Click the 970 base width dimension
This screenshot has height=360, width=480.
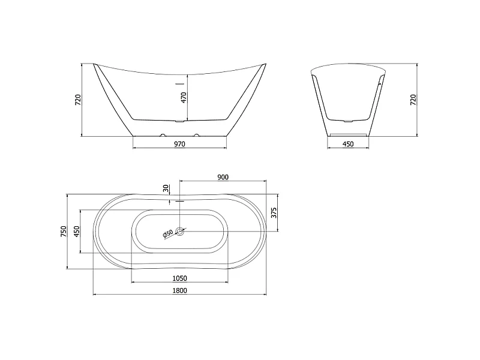tap(179, 144)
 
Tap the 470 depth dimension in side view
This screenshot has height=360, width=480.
tap(184, 97)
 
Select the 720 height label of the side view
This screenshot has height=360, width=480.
tap(78, 100)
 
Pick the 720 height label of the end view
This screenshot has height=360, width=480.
tap(413, 100)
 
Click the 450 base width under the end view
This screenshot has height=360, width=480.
tap(348, 144)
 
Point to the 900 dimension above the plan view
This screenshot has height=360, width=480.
tap(223, 177)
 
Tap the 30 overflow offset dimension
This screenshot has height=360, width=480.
tap(166, 188)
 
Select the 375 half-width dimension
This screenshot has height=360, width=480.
tap(274, 213)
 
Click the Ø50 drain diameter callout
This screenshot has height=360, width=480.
tap(168, 233)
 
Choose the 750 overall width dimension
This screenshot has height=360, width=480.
tap(64, 232)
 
